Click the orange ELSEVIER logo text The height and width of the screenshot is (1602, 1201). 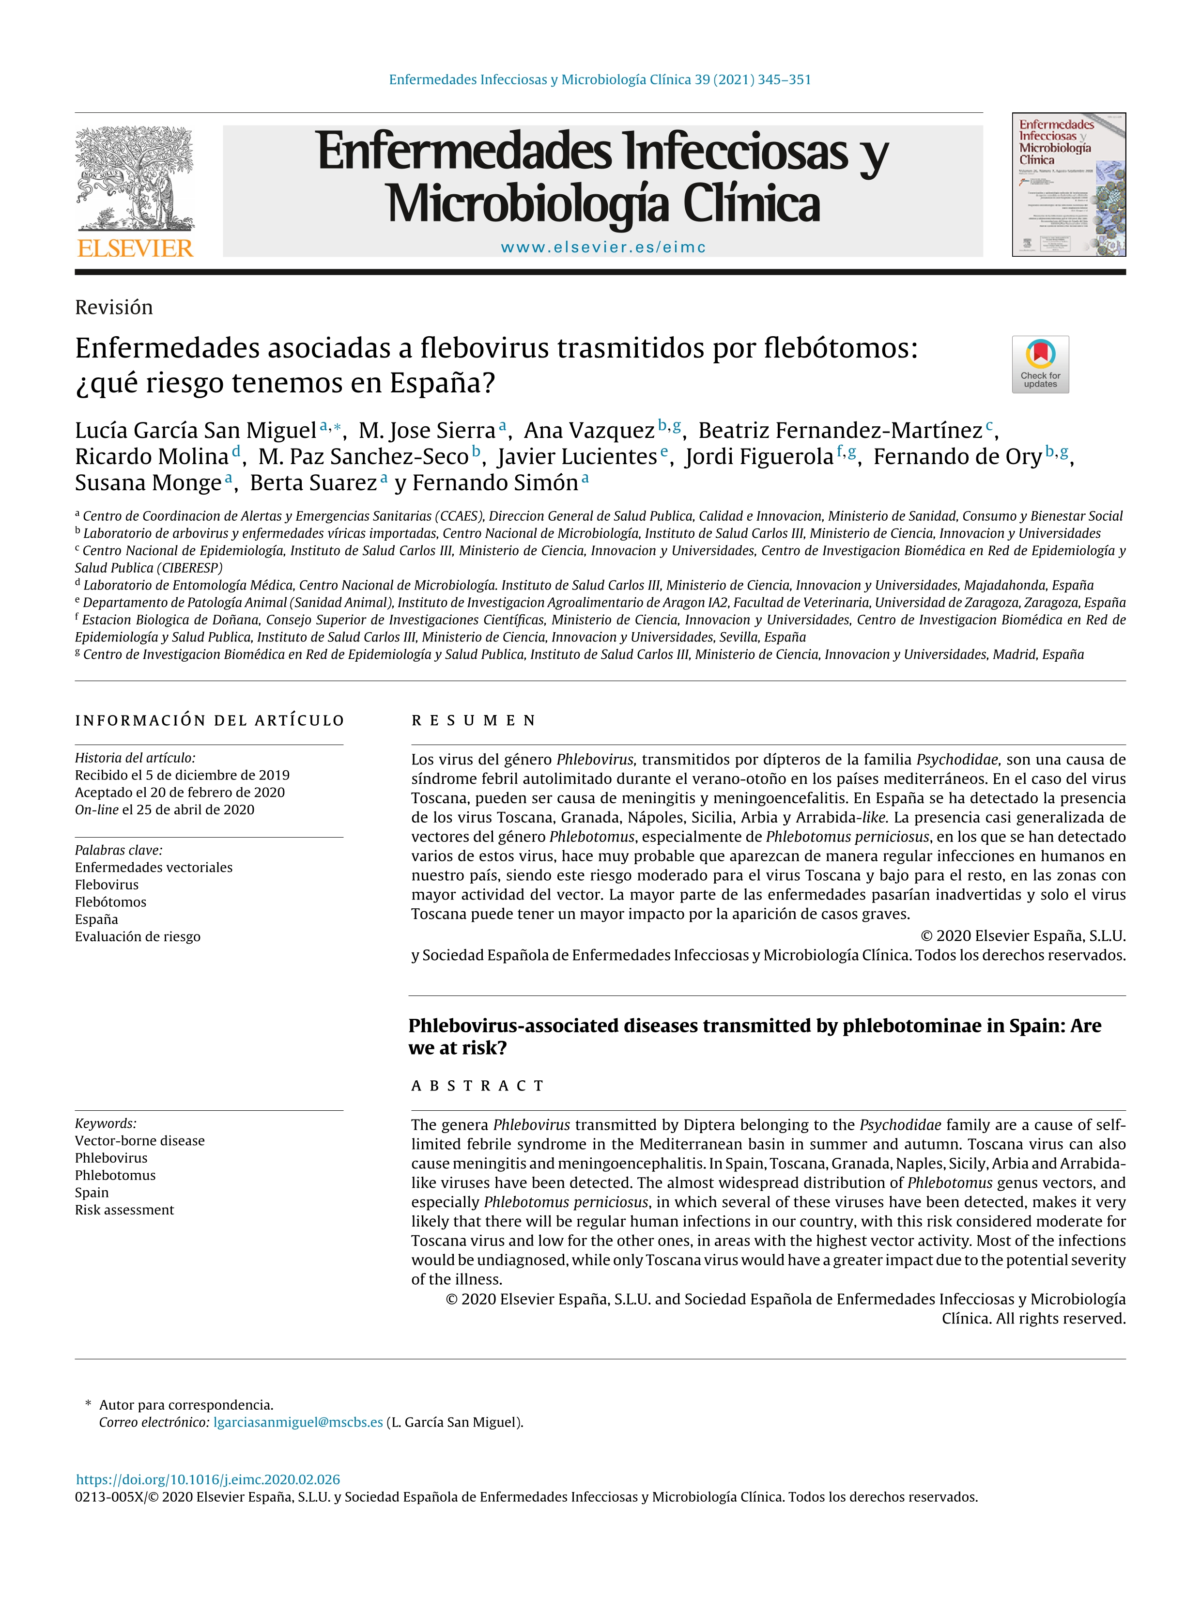click(136, 249)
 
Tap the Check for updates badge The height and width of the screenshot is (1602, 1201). click(1040, 364)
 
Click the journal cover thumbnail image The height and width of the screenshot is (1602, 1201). click(1068, 185)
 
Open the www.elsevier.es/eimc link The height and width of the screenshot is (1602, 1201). click(602, 247)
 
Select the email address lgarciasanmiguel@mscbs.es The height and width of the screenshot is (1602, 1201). click(298, 1422)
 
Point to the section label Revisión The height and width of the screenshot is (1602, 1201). click(114, 307)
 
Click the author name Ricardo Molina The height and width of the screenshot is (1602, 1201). click(152, 457)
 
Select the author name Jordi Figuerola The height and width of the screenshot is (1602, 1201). click(759, 457)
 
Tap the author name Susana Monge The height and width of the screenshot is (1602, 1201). click(148, 483)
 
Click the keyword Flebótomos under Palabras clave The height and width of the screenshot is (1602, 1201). click(111, 902)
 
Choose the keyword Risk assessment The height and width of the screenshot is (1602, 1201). click(124, 1210)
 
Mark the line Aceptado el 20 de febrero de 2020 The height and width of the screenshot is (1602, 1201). click(180, 793)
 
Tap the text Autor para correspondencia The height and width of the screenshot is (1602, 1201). click(186, 1405)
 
